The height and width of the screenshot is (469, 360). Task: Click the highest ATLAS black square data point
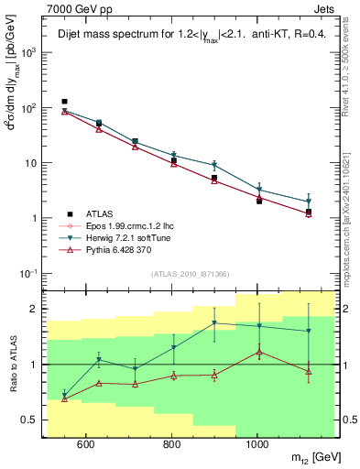tap(64, 102)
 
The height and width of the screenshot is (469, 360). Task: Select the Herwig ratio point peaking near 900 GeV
tap(214, 322)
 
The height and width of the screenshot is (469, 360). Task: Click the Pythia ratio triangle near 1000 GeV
tap(259, 352)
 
